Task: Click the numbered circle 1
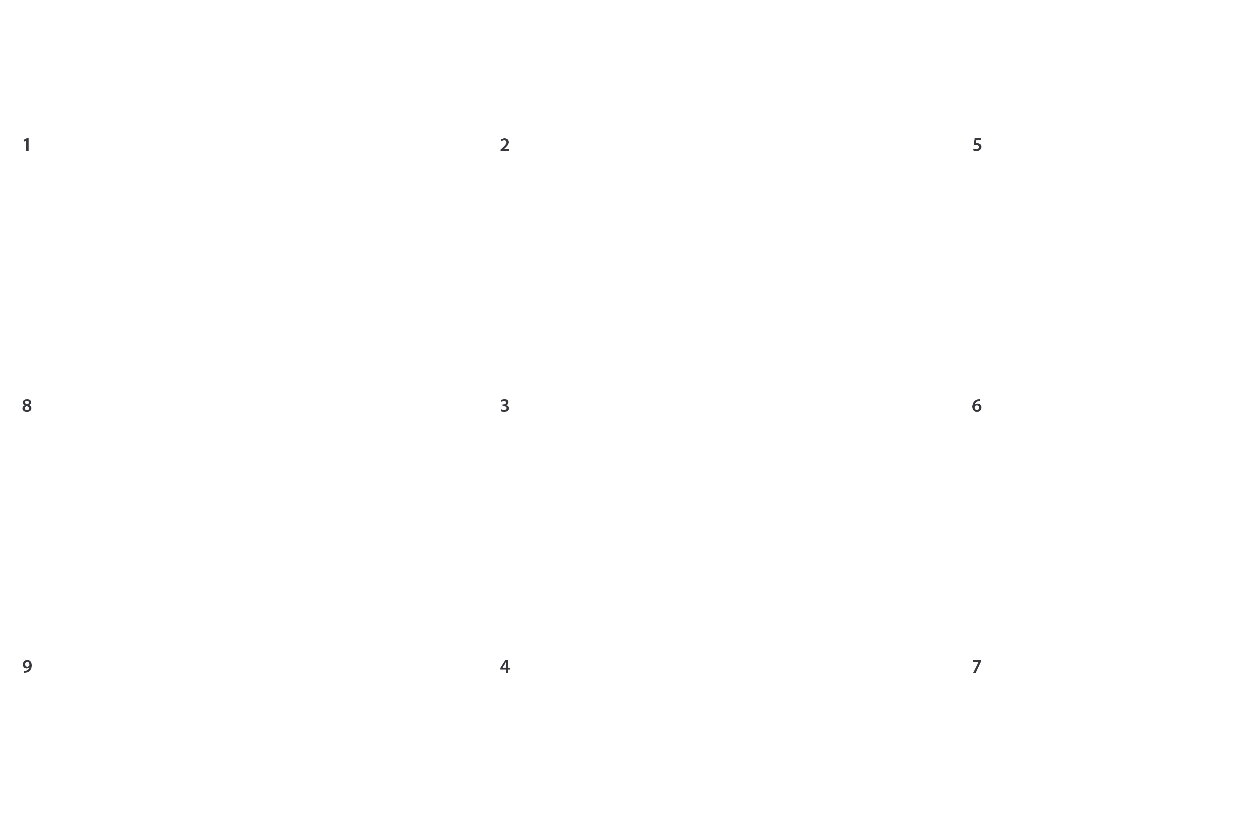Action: (x=27, y=144)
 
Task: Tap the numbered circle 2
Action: (x=505, y=144)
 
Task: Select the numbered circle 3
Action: (x=505, y=405)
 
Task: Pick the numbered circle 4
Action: (x=505, y=666)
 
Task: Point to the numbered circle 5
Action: (x=977, y=144)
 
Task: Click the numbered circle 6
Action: (x=977, y=405)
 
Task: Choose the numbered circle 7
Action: (x=977, y=666)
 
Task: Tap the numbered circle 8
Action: (x=27, y=405)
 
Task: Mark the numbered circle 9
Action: (x=27, y=666)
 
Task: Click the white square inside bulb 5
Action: (x=1169, y=210)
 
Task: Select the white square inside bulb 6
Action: (x=1172, y=472)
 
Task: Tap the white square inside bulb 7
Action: (x=1168, y=731)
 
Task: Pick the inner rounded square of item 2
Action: (x=746, y=166)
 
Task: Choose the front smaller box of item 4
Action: (x=643, y=742)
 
